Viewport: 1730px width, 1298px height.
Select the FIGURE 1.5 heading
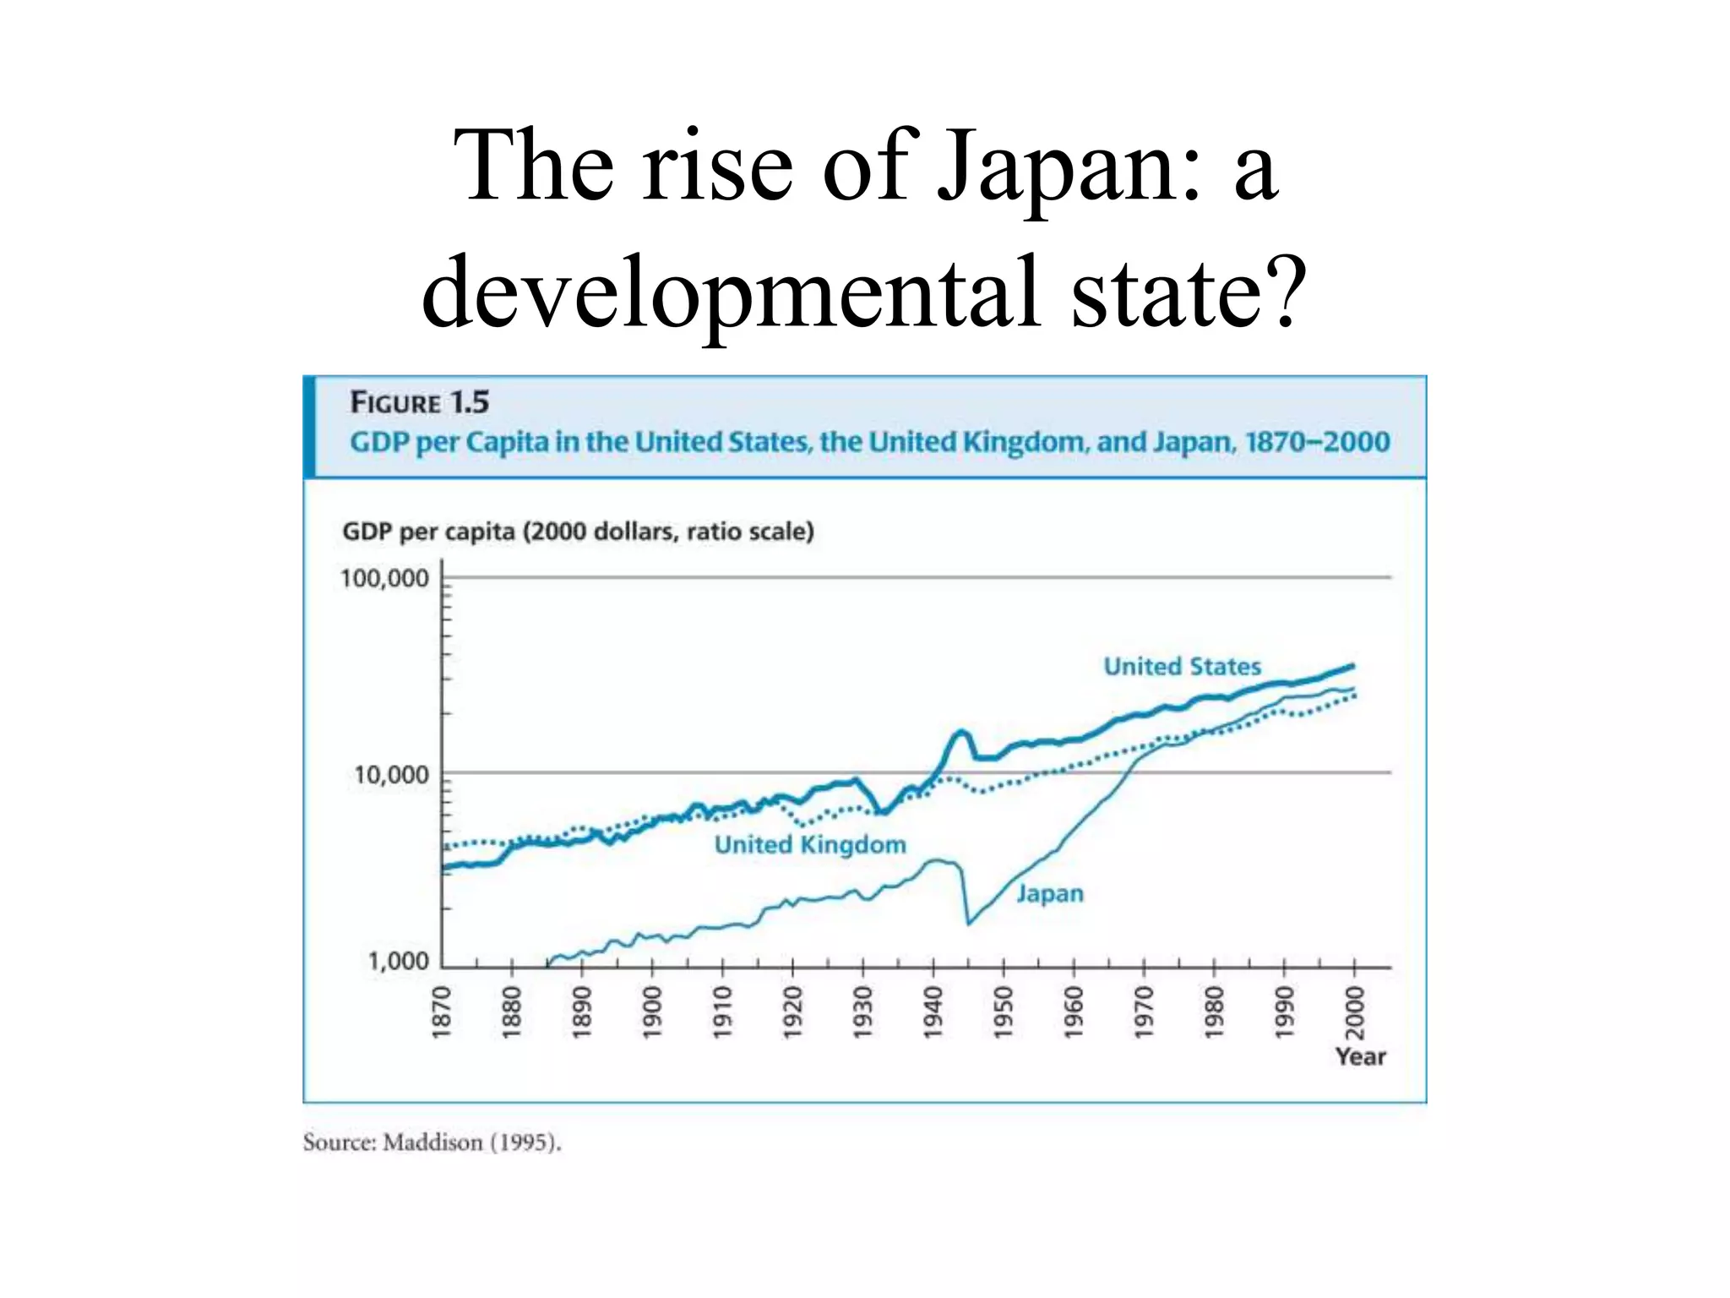419,402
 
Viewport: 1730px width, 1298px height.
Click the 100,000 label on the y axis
384,579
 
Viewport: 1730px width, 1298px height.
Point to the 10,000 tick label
391,775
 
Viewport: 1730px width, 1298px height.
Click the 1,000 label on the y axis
398,961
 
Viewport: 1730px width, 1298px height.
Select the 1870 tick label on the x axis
442,1011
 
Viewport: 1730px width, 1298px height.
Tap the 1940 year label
933,1011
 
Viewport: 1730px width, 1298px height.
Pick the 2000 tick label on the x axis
1355,1011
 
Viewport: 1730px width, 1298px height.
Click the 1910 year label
722,1011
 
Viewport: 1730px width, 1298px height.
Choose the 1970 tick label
1144,1011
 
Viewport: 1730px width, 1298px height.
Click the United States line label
1182,667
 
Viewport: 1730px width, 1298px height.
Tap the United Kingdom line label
810,845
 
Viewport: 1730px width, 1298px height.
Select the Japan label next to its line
1049,893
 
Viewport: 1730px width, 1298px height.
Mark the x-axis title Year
1360,1056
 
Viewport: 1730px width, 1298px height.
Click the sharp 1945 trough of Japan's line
968,924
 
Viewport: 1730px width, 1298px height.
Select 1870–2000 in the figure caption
1317,442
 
